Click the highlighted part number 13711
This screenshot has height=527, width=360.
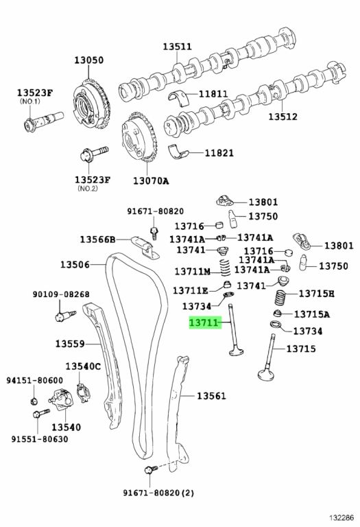204,323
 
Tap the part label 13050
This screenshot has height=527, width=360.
89,60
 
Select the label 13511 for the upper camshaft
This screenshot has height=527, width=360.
178,47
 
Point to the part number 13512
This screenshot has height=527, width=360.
283,117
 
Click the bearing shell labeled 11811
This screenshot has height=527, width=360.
178,97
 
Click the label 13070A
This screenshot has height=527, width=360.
151,181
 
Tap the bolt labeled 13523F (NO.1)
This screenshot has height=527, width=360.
44,121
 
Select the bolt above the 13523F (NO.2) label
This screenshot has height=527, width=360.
94,153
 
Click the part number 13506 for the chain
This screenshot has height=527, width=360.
75,264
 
